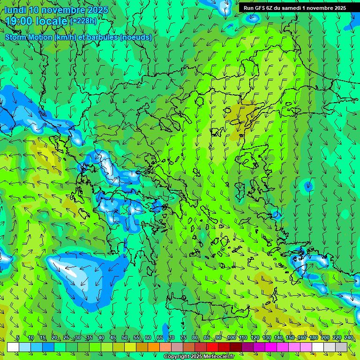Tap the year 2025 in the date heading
(x=97, y=10)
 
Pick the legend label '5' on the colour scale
(x=18, y=338)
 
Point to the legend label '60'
(x=148, y=338)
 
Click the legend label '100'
(x=231, y=338)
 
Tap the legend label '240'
(x=348, y=338)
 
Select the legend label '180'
(x=313, y=338)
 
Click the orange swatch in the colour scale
(x=142, y=347)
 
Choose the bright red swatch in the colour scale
(x=212, y=347)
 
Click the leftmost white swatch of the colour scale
(x=13, y=347)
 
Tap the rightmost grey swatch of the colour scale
(x=341, y=347)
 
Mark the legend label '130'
(x=266, y=338)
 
